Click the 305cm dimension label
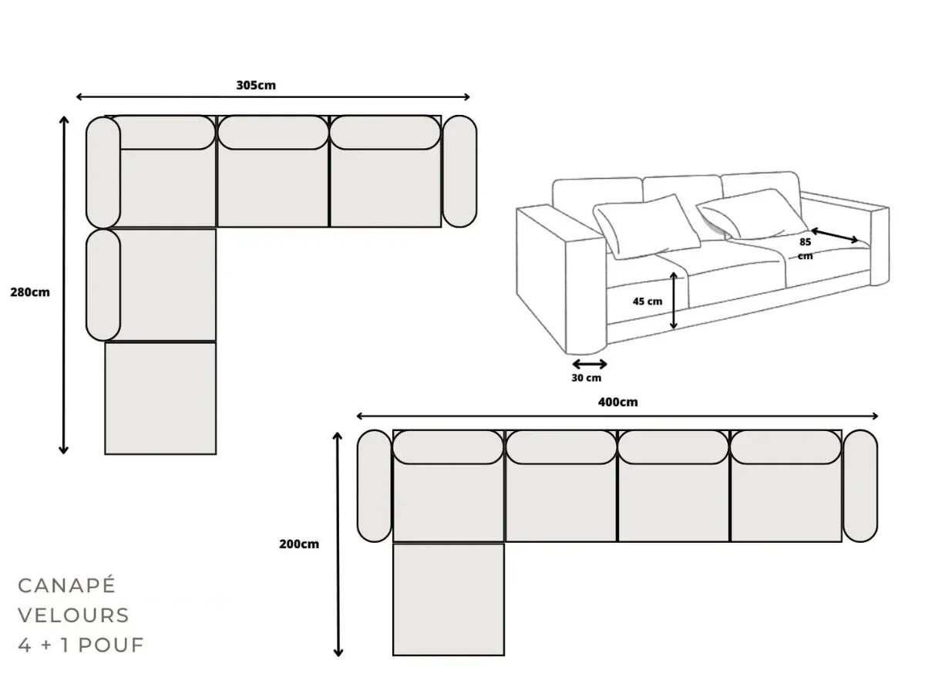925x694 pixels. click(x=256, y=86)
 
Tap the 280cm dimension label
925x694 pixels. click(x=30, y=292)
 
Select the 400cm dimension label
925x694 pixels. click(x=618, y=402)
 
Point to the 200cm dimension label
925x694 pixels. click(x=299, y=544)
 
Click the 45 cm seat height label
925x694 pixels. click(x=647, y=302)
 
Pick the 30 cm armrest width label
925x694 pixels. click(x=587, y=378)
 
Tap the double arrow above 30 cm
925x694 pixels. click(x=590, y=364)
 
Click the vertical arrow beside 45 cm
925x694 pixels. click(x=674, y=300)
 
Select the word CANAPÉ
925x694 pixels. click(x=66, y=585)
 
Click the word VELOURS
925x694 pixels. click(x=73, y=615)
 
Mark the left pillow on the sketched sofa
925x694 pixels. click(x=646, y=224)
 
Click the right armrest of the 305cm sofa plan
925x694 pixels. click(x=459, y=171)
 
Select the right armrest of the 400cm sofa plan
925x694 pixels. click(x=860, y=486)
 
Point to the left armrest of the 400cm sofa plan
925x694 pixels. click(x=375, y=486)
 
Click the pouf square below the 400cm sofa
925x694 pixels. click(x=449, y=599)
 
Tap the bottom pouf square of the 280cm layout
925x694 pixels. click(x=160, y=398)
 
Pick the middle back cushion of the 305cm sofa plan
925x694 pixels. click(x=273, y=133)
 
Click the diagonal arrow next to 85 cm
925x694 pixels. click(x=834, y=235)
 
